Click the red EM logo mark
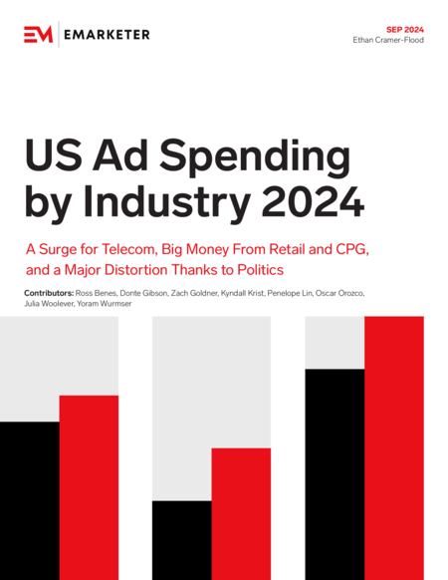click(39, 35)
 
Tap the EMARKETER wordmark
click(107, 35)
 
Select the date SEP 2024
click(405, 30)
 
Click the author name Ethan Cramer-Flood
click(388, 40)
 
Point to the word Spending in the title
click(255, 156)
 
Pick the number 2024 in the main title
click(313, 202)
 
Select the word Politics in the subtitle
click(260, 270)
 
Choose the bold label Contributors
click(49, 293)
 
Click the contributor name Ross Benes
click(97, 293)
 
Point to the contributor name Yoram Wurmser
click(105, 304)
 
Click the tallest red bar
click(394, 447)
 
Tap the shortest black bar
click(182, 540)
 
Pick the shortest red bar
click(241, 514)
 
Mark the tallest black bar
click(335, 474)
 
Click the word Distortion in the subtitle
click(137, 270)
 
